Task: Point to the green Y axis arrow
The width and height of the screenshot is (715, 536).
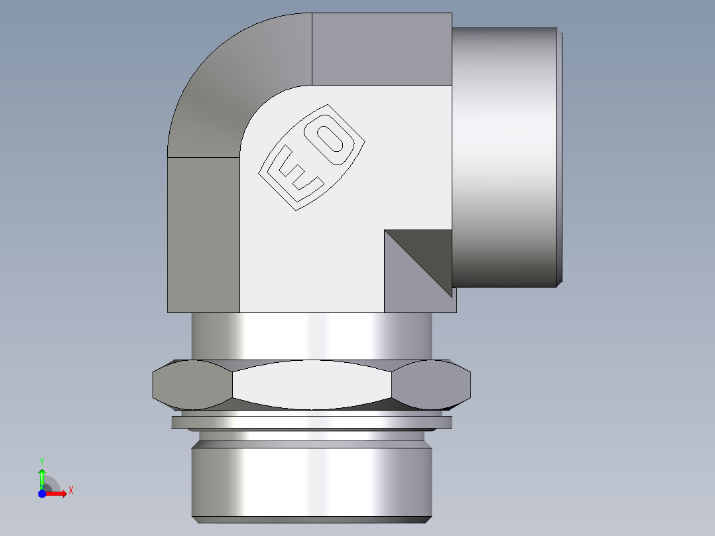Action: point(42,477)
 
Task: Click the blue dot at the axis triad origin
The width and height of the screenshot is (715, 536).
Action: point(42,493)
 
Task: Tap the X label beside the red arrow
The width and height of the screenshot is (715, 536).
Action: point(70,491)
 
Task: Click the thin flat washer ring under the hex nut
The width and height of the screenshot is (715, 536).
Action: point(312,422)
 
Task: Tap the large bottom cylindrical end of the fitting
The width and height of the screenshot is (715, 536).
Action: point(312,481)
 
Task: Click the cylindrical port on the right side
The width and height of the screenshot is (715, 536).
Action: point(504,157)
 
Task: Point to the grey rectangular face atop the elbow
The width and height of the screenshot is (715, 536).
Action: point(381,49)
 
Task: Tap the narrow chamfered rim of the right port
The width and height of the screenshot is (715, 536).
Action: point(560,157)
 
